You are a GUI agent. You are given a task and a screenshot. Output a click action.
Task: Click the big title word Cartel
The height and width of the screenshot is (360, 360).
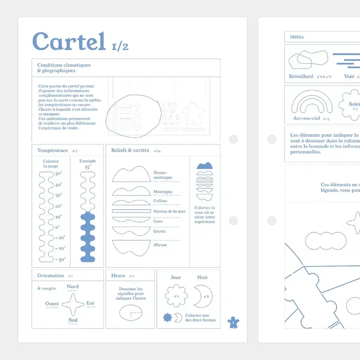(69, 42)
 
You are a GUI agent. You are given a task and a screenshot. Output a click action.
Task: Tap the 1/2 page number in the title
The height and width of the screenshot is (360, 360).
(120, 46)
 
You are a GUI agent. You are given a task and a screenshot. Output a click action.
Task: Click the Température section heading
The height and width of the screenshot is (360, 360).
(52, 151)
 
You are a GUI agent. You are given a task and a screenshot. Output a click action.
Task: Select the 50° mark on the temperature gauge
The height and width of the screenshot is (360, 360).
(58, 174)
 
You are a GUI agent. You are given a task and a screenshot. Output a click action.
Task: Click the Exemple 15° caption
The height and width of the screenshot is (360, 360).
(87, 164)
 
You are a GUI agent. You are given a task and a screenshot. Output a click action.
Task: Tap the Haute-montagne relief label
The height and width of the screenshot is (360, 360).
(163, 175)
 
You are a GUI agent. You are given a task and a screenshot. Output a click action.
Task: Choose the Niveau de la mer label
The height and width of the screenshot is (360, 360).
(169, 211)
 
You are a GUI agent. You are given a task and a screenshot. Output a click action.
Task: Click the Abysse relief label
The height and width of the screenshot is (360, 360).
(160, 245)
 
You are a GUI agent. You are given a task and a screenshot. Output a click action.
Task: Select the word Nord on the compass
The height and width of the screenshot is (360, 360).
(73, 287)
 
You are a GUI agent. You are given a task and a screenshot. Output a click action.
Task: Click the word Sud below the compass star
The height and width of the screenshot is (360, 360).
(73, 320)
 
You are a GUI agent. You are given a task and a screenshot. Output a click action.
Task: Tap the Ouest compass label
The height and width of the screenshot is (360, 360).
(52, 304)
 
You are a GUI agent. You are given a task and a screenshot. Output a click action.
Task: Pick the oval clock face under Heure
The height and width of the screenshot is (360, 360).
(130, 312)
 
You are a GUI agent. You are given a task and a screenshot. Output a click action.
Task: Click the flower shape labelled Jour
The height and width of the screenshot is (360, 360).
(176, 296)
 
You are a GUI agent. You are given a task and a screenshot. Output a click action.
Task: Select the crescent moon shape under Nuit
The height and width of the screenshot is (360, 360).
(203, 296)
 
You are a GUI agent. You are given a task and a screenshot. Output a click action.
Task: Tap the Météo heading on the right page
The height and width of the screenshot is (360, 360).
(297, 37)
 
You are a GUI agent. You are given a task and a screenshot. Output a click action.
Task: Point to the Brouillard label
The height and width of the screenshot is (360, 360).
(301, 77)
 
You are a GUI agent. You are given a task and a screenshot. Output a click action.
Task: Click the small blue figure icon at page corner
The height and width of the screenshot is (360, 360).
(233, 322)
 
